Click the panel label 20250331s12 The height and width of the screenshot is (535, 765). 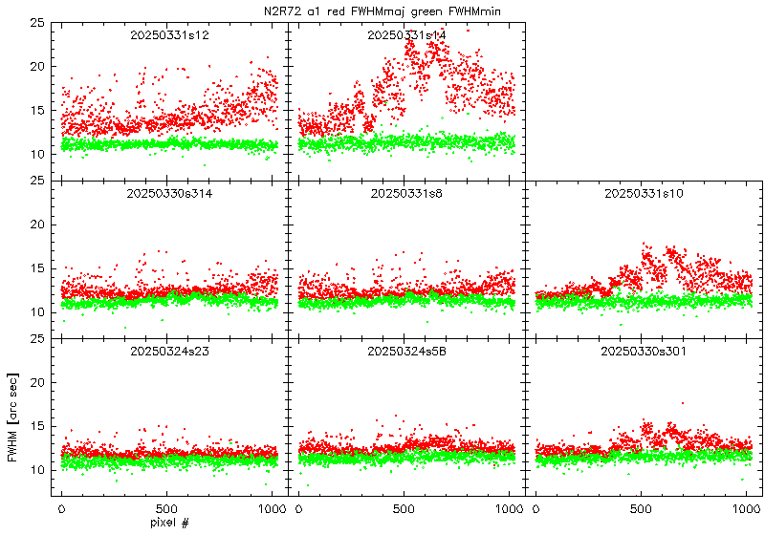pyautogui.click(x=169, y=35)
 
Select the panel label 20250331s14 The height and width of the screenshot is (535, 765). pyautogui.click(x=406, y=35)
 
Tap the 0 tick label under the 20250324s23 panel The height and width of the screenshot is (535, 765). pyautogui.click(x=62, y=508)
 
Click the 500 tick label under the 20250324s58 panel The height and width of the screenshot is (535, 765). pyautogui.click(x=404, y=508)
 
